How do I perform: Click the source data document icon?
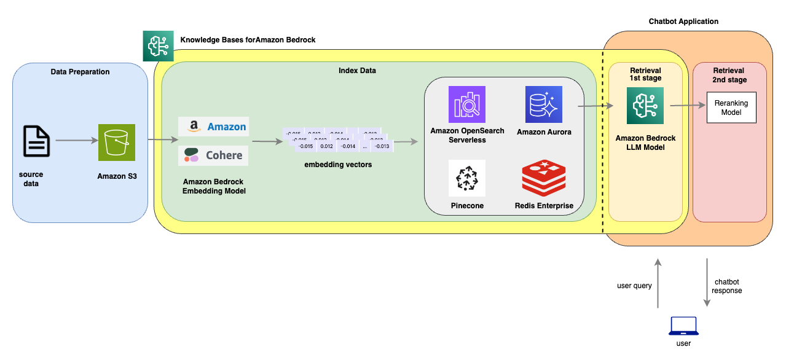tap(36, 141)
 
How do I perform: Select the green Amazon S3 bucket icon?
tap(116, 142)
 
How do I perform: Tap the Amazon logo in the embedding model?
tap(213, 127)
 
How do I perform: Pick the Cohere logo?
tap(213, 155)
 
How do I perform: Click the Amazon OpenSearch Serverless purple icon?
tap(467, 104)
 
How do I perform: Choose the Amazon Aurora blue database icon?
tap(544, 104)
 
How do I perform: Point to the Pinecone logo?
tap(467, 178)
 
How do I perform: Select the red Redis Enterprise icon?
tap(544, 178)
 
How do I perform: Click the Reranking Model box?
tap(731, 108)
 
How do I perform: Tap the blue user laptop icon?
tap(683, 326)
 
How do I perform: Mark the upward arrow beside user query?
tap(658, 283)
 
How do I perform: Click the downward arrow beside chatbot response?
tap(707, 283)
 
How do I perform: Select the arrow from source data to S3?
tap(77, 141)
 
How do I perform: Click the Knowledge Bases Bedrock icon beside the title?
tap(159, 45)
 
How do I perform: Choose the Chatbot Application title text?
tap(683, 22)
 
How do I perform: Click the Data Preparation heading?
tap(80, 72)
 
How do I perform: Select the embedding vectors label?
tap(338, 164)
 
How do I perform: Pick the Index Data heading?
tap(357, 71)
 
